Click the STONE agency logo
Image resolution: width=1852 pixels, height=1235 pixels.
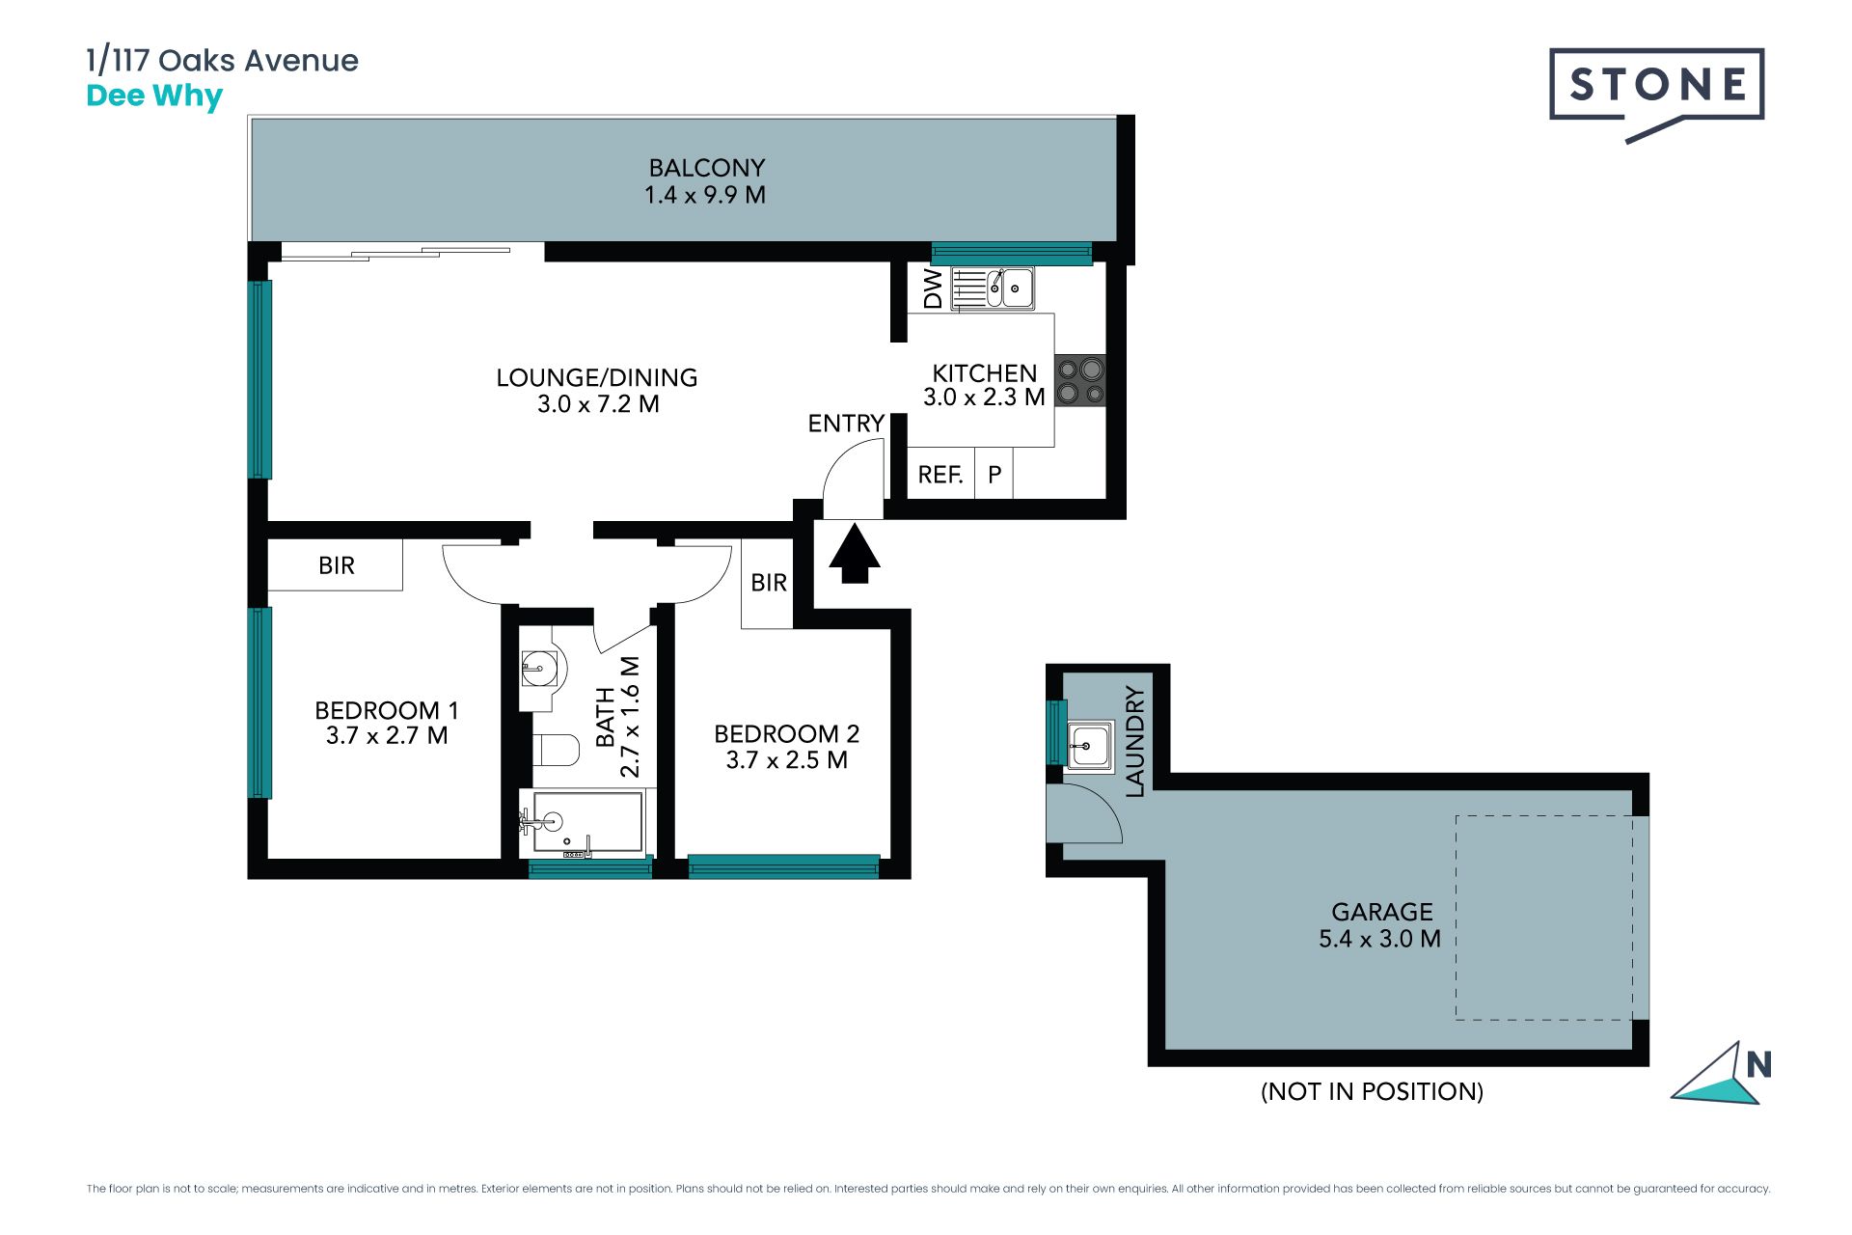coord(1656,95)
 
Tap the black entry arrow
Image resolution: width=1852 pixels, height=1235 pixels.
coord(855,554)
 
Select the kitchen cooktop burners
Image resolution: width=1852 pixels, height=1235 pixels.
coord(1080,381)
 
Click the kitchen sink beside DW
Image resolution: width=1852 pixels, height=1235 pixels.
coord(993,288)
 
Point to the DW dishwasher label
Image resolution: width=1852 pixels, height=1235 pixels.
coord(933,288)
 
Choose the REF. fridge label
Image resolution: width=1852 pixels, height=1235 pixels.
coord(940,475)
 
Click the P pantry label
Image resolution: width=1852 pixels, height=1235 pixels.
coord(994,475)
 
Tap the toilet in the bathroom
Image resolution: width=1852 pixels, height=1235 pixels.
coord(556,750)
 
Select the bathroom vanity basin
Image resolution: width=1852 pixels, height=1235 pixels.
coord(539,667)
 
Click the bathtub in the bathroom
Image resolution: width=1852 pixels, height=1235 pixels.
coord(582,823)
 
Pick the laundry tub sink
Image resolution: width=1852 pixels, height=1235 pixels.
coord(1090,746)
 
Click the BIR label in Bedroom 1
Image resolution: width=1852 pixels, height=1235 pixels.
coord(337,565)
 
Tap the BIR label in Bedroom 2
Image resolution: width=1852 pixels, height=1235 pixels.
coord(769,583)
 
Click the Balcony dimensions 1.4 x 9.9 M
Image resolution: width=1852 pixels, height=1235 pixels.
coord(705,195)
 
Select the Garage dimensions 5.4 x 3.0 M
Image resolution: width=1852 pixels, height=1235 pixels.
coord(1379,939)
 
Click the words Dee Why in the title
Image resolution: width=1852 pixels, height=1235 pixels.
coord(154,96)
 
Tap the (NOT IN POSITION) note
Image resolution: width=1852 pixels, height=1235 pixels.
coord(1372,1091)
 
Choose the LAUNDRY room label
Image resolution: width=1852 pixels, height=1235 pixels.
coord(1135,741)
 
